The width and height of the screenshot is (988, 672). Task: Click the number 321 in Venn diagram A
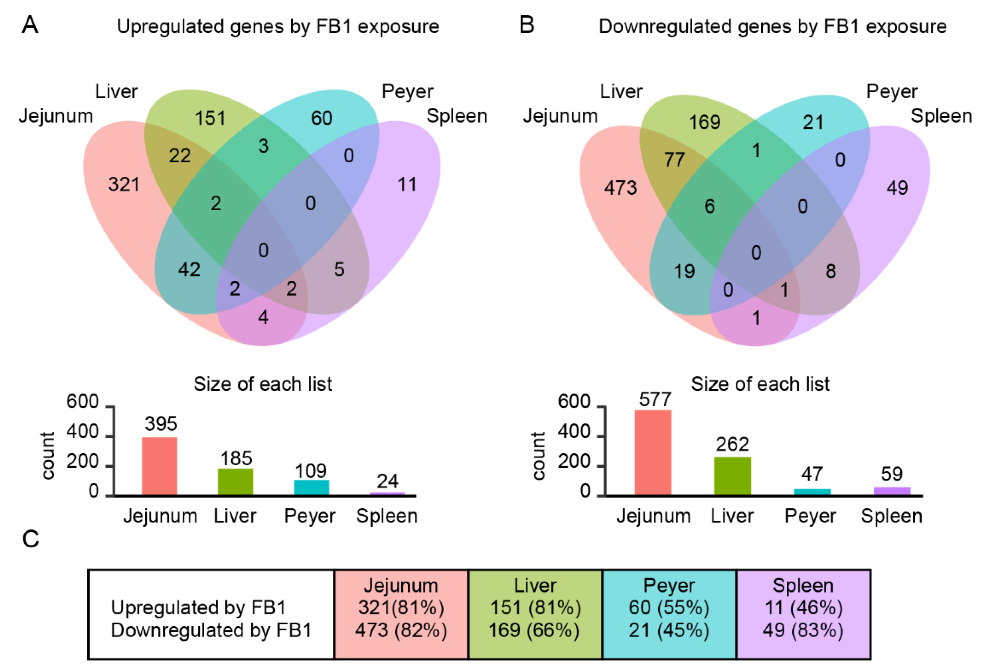coord(124,185)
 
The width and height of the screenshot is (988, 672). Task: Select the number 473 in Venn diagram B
coord(620,188)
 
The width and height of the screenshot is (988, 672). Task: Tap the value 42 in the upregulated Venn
coord(189,269)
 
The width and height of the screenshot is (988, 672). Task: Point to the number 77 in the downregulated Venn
coord(675,160)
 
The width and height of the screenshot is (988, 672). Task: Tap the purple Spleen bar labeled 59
coord(892,491)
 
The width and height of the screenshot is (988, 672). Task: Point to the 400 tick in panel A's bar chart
coord(82,432)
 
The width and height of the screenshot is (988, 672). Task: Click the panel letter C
coord(31,539)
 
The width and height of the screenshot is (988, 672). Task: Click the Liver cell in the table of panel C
coord(535,614)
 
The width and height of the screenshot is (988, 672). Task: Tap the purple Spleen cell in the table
coord(803,614)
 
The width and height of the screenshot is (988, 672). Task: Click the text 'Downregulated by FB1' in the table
coord(211,630)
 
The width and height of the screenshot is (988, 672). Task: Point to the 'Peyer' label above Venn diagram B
coord(892,91)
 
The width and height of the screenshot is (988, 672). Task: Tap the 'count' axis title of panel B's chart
coord(538,456)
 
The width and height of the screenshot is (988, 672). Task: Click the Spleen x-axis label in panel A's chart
coord(386,516)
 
